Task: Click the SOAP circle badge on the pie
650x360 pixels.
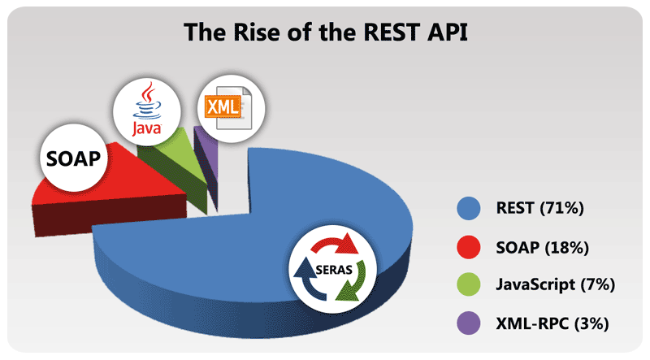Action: click(x=74, y=158)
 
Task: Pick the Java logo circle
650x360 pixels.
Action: click(x=147, y=111)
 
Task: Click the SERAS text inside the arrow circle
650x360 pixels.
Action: click(x=334, y=270)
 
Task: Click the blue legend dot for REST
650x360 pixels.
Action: click(x=469, y=208)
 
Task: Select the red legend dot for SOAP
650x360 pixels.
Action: click(x=469, y=247)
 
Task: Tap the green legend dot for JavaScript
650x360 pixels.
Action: click(x=469, y=284)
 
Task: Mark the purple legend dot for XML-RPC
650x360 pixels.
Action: click(x=469, y=323)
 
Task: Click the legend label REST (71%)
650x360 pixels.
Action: click(x=540, y=208)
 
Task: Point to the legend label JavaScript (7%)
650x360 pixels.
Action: click(x=556, y=285)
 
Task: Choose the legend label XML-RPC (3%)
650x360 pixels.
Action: click(x=552, y=323)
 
